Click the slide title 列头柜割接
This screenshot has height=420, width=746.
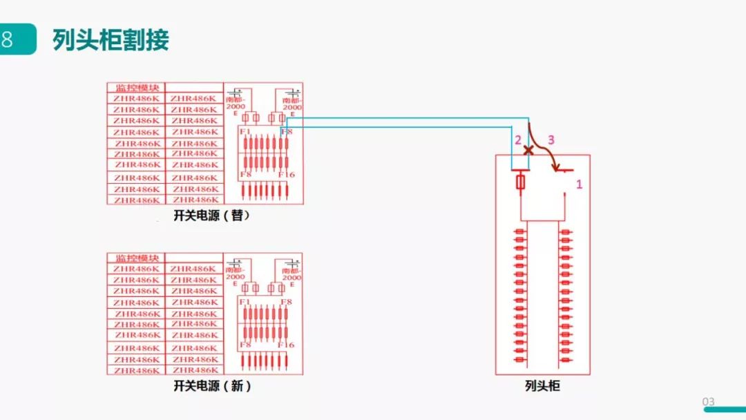pyautogui.click(x=111, y=40)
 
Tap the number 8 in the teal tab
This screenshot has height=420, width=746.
pyautogui.click(x=8, y=39)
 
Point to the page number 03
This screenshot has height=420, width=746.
pyautogui.click(x=708, y=402)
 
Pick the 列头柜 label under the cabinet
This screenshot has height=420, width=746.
pyautogui.click(x=542, y=386)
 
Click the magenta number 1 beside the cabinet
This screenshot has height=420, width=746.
pyautogui.click(x=580, y=184)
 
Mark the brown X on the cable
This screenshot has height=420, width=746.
pyautogui.click(x=529, y=150)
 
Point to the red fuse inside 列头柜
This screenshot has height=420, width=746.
pyautogui.click(x=521, y=182)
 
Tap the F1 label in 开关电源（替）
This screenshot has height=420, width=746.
pyautogui.click(x=244, y=131)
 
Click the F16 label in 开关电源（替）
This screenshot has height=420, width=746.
pyautogui.click(x=287, y=175)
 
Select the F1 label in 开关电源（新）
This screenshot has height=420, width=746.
pyautogui.click(x=244, y=302)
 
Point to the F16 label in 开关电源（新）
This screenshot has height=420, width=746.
pyautogui.click(x=287, y=345)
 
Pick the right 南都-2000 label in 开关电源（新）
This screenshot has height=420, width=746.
pyautogui.click(x=292, y=274)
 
